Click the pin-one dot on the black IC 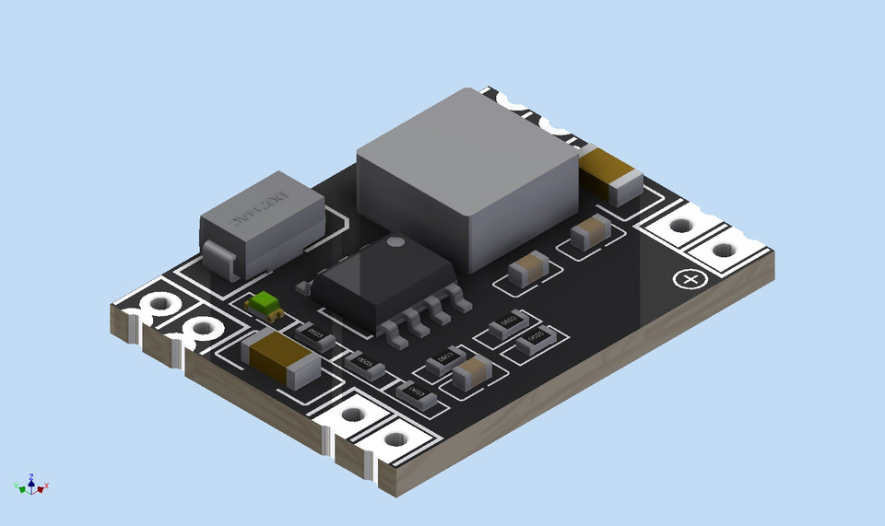[x=395, y=242]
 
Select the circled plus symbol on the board [x=688, y=278]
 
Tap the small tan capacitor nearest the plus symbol [x=589, y=232]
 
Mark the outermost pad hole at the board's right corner [x=726, y=250]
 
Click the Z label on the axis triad [x=31, y=477]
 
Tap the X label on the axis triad [x=46, y=485]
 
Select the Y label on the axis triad [x=17, y=485]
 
